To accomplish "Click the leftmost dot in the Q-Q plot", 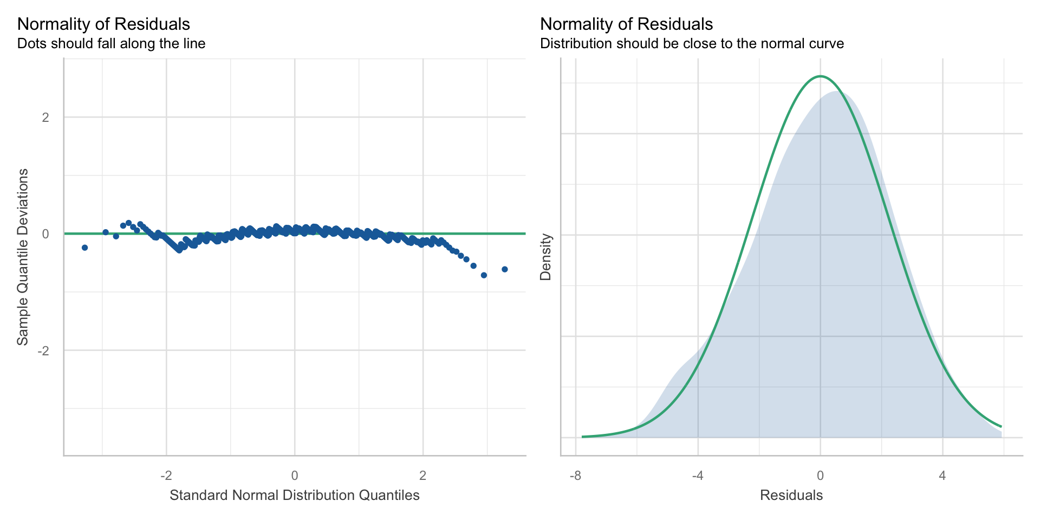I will coord(84,248).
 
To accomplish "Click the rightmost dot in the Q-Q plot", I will coord(504,269).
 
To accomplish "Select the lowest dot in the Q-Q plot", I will coord(484,275).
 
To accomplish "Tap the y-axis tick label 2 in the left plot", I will coord(45,117).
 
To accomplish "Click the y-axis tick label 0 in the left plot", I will coord(45,234).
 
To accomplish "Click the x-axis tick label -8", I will coord(575,476).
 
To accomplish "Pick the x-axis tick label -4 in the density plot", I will coord(698,476).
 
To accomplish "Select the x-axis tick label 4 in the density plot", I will coord(942,476).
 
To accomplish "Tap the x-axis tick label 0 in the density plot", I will coord(820,476).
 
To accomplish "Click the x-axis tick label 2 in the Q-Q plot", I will coord(423,476).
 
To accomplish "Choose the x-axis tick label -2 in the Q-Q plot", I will coord(166,476).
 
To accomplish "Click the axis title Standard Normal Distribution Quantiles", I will coord(295,495).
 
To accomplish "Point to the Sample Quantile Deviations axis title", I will coord(23,257).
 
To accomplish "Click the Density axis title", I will coord(546,257).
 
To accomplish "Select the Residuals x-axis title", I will coord(791,495).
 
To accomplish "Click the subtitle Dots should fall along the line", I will coord(112,43).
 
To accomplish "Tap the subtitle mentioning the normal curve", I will coord(692,43).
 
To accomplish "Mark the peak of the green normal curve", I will coord(820,76).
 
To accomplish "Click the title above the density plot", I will coord(627,24).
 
